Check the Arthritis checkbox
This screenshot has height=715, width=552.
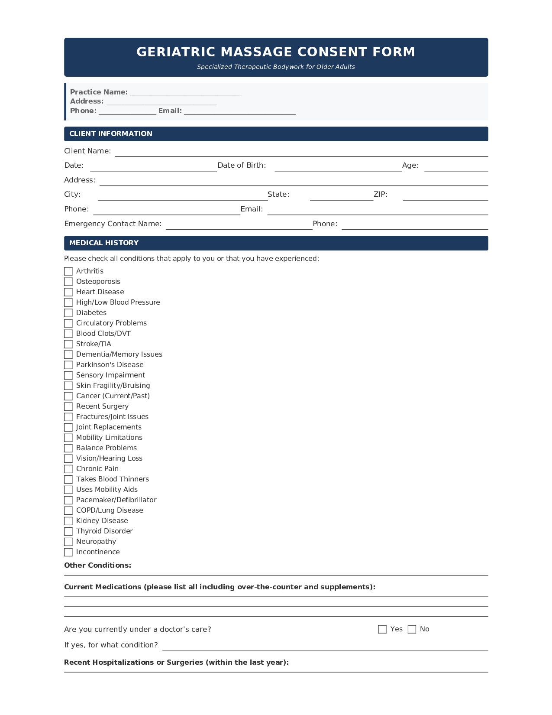[68, 271]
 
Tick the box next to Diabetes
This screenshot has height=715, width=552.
[68, 313]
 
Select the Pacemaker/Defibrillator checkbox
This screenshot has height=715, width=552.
[68, 500]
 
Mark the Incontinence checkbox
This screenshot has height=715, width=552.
[68, 552]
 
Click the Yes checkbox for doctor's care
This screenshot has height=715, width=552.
[382, 629]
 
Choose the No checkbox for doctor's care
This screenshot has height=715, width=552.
[412, 629]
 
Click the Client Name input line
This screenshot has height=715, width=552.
[301, 152]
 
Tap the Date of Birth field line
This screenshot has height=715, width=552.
[338, 167]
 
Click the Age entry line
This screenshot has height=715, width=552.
[456, 167]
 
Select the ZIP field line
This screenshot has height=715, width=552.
[445, 196]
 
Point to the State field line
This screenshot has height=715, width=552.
[341, 196]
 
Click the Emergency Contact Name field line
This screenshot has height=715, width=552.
[239, 225]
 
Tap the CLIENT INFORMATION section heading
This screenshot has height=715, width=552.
[111, 134]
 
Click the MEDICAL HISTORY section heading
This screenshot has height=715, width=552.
[104, 243]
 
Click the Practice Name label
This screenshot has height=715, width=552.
[99, 92]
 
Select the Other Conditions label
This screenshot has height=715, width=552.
[97, 565]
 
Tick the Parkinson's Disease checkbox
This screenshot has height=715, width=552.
[68, 365]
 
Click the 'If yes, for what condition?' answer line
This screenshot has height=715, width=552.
[325, 646]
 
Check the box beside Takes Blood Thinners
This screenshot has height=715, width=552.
[68, 479]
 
